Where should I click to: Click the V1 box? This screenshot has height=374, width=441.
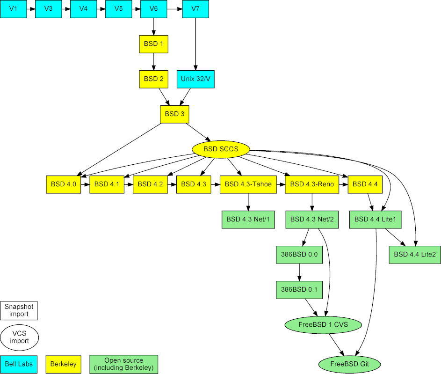pos(14,9)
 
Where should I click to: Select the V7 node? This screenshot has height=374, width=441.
pos(195,9)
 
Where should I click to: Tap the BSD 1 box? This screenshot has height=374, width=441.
pos(153,44)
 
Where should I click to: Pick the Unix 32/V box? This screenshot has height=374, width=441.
pos(195,79)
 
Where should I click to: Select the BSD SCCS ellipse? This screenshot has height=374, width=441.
pos(221,149)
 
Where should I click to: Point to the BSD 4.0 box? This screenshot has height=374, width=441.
pos(64,184)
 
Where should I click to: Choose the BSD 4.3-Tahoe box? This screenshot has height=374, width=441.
pos(248,184)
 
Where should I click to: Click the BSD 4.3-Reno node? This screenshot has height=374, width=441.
pos(312,184)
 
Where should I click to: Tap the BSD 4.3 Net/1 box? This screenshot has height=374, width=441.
pos(248,219)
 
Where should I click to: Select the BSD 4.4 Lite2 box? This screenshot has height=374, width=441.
pos(415,255)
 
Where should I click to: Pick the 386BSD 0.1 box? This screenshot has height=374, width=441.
pos(299,290)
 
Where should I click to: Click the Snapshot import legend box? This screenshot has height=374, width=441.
pos(19,310)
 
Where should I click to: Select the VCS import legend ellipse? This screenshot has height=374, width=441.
pos(19,337)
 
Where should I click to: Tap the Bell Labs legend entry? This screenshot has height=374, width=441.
pos(19,364)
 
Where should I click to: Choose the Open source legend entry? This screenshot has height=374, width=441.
pos(124,364)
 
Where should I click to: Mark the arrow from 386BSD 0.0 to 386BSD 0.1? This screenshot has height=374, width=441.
pos(299,272)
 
